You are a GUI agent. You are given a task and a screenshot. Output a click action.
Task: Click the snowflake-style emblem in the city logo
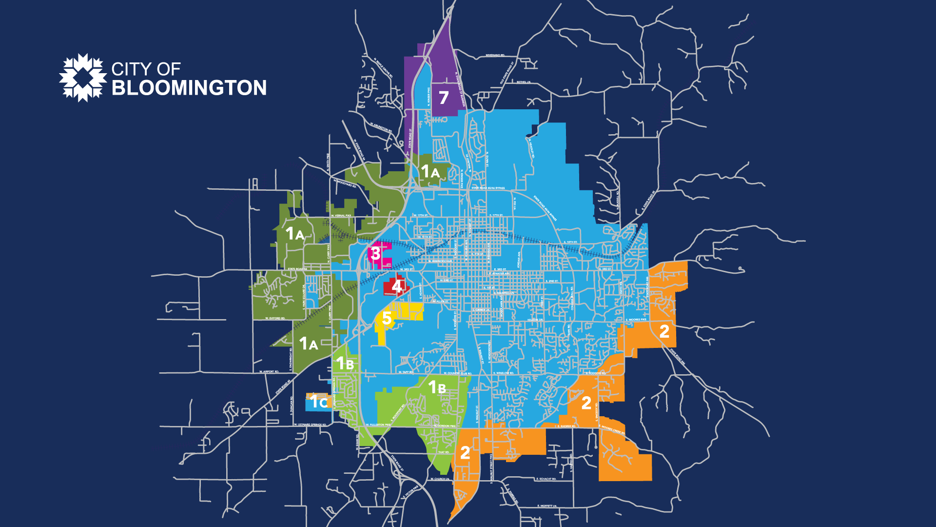(83, 78)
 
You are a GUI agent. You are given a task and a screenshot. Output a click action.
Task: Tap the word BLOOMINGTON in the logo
(189, 88)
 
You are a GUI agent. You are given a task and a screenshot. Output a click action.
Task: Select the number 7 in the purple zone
(443, 98)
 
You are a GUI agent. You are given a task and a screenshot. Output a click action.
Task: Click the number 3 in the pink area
(375, 253)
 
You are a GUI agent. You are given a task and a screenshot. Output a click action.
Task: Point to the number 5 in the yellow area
(387, 318)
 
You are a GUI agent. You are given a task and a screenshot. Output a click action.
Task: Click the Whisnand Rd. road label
(495, 56)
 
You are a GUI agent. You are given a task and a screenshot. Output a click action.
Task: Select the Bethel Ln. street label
(523, 82)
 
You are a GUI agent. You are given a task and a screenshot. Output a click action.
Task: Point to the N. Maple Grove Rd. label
(383, 69)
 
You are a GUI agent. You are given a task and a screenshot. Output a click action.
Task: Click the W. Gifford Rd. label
(275, 319)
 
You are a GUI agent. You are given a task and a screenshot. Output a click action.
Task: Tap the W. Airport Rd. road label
(269, 372)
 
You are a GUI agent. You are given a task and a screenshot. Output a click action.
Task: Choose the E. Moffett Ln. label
(546, 506)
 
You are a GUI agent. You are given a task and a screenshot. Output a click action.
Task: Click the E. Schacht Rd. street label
(546, 479)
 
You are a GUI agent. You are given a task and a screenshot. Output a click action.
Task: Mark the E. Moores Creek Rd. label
(613, 429)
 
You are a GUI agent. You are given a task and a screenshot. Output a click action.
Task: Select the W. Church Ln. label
(440, 479)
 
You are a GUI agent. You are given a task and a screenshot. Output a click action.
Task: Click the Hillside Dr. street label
(535, 320)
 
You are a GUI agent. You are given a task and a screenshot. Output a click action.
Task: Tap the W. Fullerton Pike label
(378, 425)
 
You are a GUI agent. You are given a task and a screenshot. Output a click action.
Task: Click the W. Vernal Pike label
(341, 216)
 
